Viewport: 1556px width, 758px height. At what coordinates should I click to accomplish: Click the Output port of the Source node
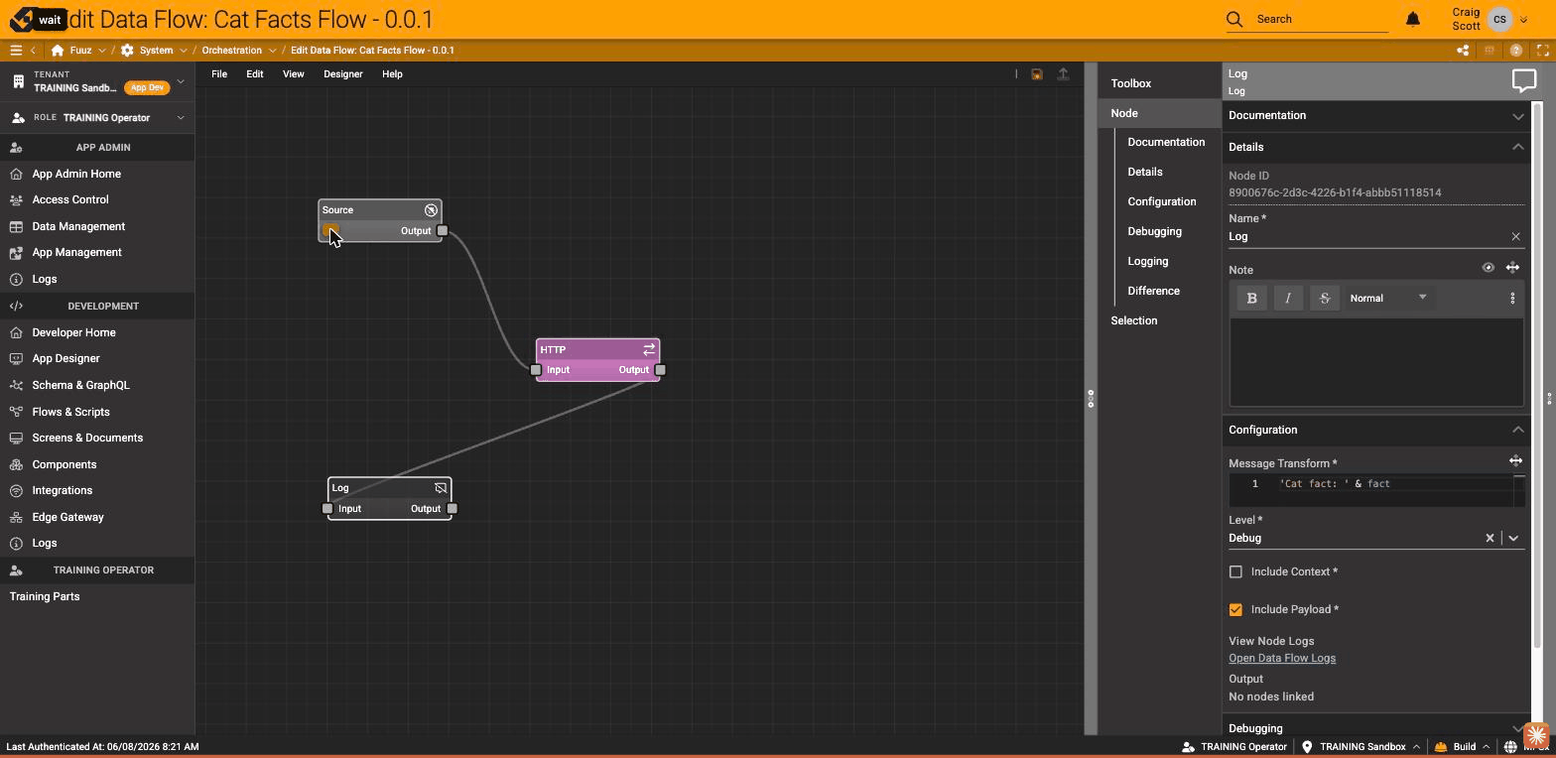(443, 230)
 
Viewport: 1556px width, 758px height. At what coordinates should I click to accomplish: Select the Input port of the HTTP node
(536, 370)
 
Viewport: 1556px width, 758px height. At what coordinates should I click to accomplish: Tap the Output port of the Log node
(453, 509)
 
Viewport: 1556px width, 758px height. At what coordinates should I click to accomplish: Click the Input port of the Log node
(327, 509)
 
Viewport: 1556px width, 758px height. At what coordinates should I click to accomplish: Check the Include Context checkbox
(1235, 571)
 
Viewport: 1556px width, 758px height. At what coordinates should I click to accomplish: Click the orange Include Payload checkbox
(1235, 609)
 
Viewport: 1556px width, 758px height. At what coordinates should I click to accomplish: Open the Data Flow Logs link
(1282, 658)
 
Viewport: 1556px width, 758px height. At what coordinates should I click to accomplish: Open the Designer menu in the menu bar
(343, 73)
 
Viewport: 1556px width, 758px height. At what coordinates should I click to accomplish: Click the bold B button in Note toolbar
(1251, 298)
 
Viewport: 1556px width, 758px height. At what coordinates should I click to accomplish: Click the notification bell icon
(1413, 20)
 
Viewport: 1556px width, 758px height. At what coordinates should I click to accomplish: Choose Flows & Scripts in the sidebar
(70, 412)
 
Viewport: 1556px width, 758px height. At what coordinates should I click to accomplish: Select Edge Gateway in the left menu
(68, 517)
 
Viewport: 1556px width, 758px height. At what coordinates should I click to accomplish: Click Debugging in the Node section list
(1154, 231)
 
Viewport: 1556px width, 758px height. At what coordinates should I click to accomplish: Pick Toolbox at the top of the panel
(1131, 83)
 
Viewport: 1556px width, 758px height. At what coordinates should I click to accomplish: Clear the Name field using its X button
(1515, 236)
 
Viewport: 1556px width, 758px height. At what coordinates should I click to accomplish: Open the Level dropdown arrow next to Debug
(1513, 538)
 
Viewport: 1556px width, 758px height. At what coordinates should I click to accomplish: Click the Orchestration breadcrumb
(232, 50)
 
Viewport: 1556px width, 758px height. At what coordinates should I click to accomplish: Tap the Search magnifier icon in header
(1233, 20)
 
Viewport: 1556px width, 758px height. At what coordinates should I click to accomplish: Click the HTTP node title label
(553, 349)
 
